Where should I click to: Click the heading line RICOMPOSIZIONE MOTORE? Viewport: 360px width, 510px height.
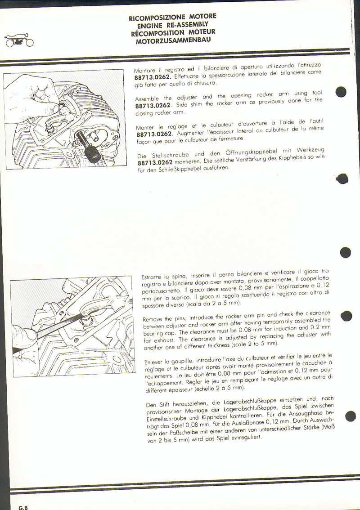coord(173,17)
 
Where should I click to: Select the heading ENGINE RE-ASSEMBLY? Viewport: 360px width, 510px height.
coord(173,25)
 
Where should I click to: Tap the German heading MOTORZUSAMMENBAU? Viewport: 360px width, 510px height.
coord(173,40)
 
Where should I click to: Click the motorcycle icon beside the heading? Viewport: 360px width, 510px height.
coord(19,40)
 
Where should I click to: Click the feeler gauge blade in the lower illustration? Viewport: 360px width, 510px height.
coord(49,329)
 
